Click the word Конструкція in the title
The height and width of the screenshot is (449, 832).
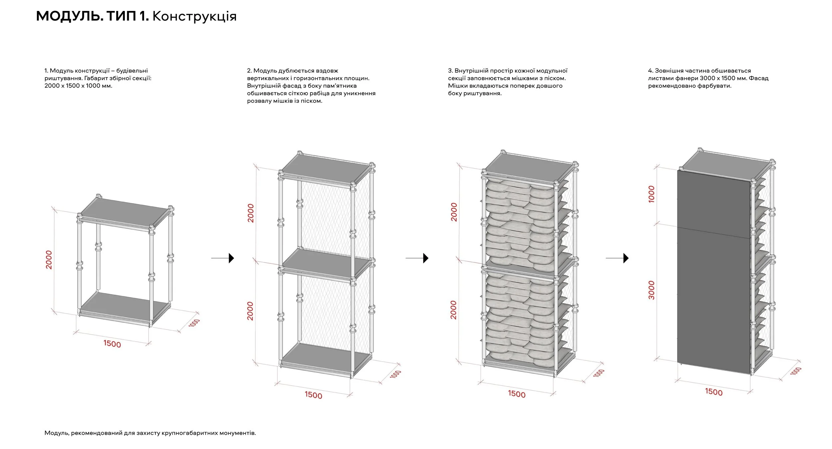point(194,16)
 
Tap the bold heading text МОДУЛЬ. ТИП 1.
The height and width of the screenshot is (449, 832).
point(92,16)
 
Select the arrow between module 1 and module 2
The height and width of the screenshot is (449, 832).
point(223,258)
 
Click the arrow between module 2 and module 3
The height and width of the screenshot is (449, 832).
point(417,258)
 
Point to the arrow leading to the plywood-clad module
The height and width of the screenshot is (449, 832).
point(617,258)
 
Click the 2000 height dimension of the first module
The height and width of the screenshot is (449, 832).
point(49,260)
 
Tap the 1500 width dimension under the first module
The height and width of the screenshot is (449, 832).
point(112,344)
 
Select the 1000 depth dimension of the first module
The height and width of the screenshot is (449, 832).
point(194,323)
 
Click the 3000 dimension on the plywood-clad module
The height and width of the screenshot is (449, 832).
point(652,290)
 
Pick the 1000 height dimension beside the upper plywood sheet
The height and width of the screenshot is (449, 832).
point(652,194)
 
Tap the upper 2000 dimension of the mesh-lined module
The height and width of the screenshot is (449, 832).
point(251,213)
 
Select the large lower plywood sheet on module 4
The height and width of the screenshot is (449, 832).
point(714,299)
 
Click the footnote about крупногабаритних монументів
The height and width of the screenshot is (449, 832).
point(150,433)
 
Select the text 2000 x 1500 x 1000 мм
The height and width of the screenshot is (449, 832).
point(79,86)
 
